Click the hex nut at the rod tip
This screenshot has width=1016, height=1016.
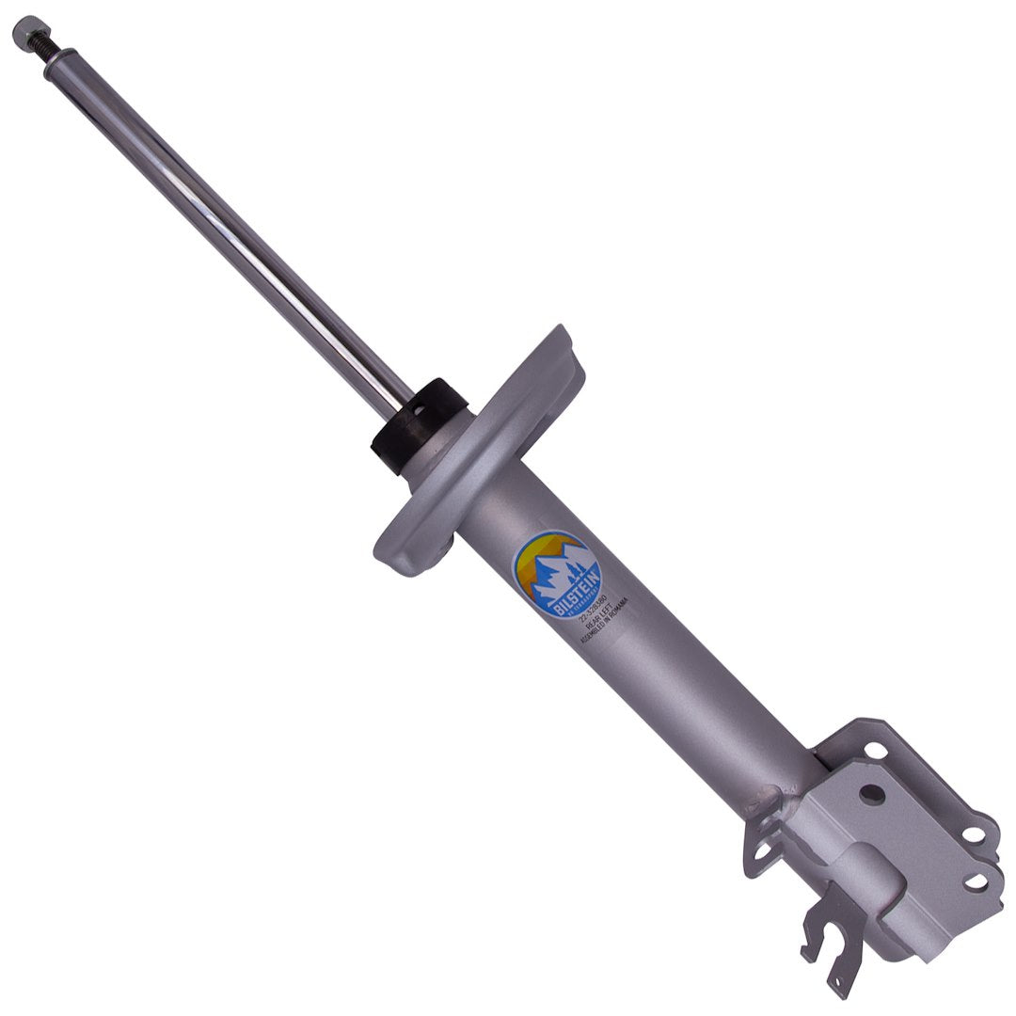click(x=29, y=32)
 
